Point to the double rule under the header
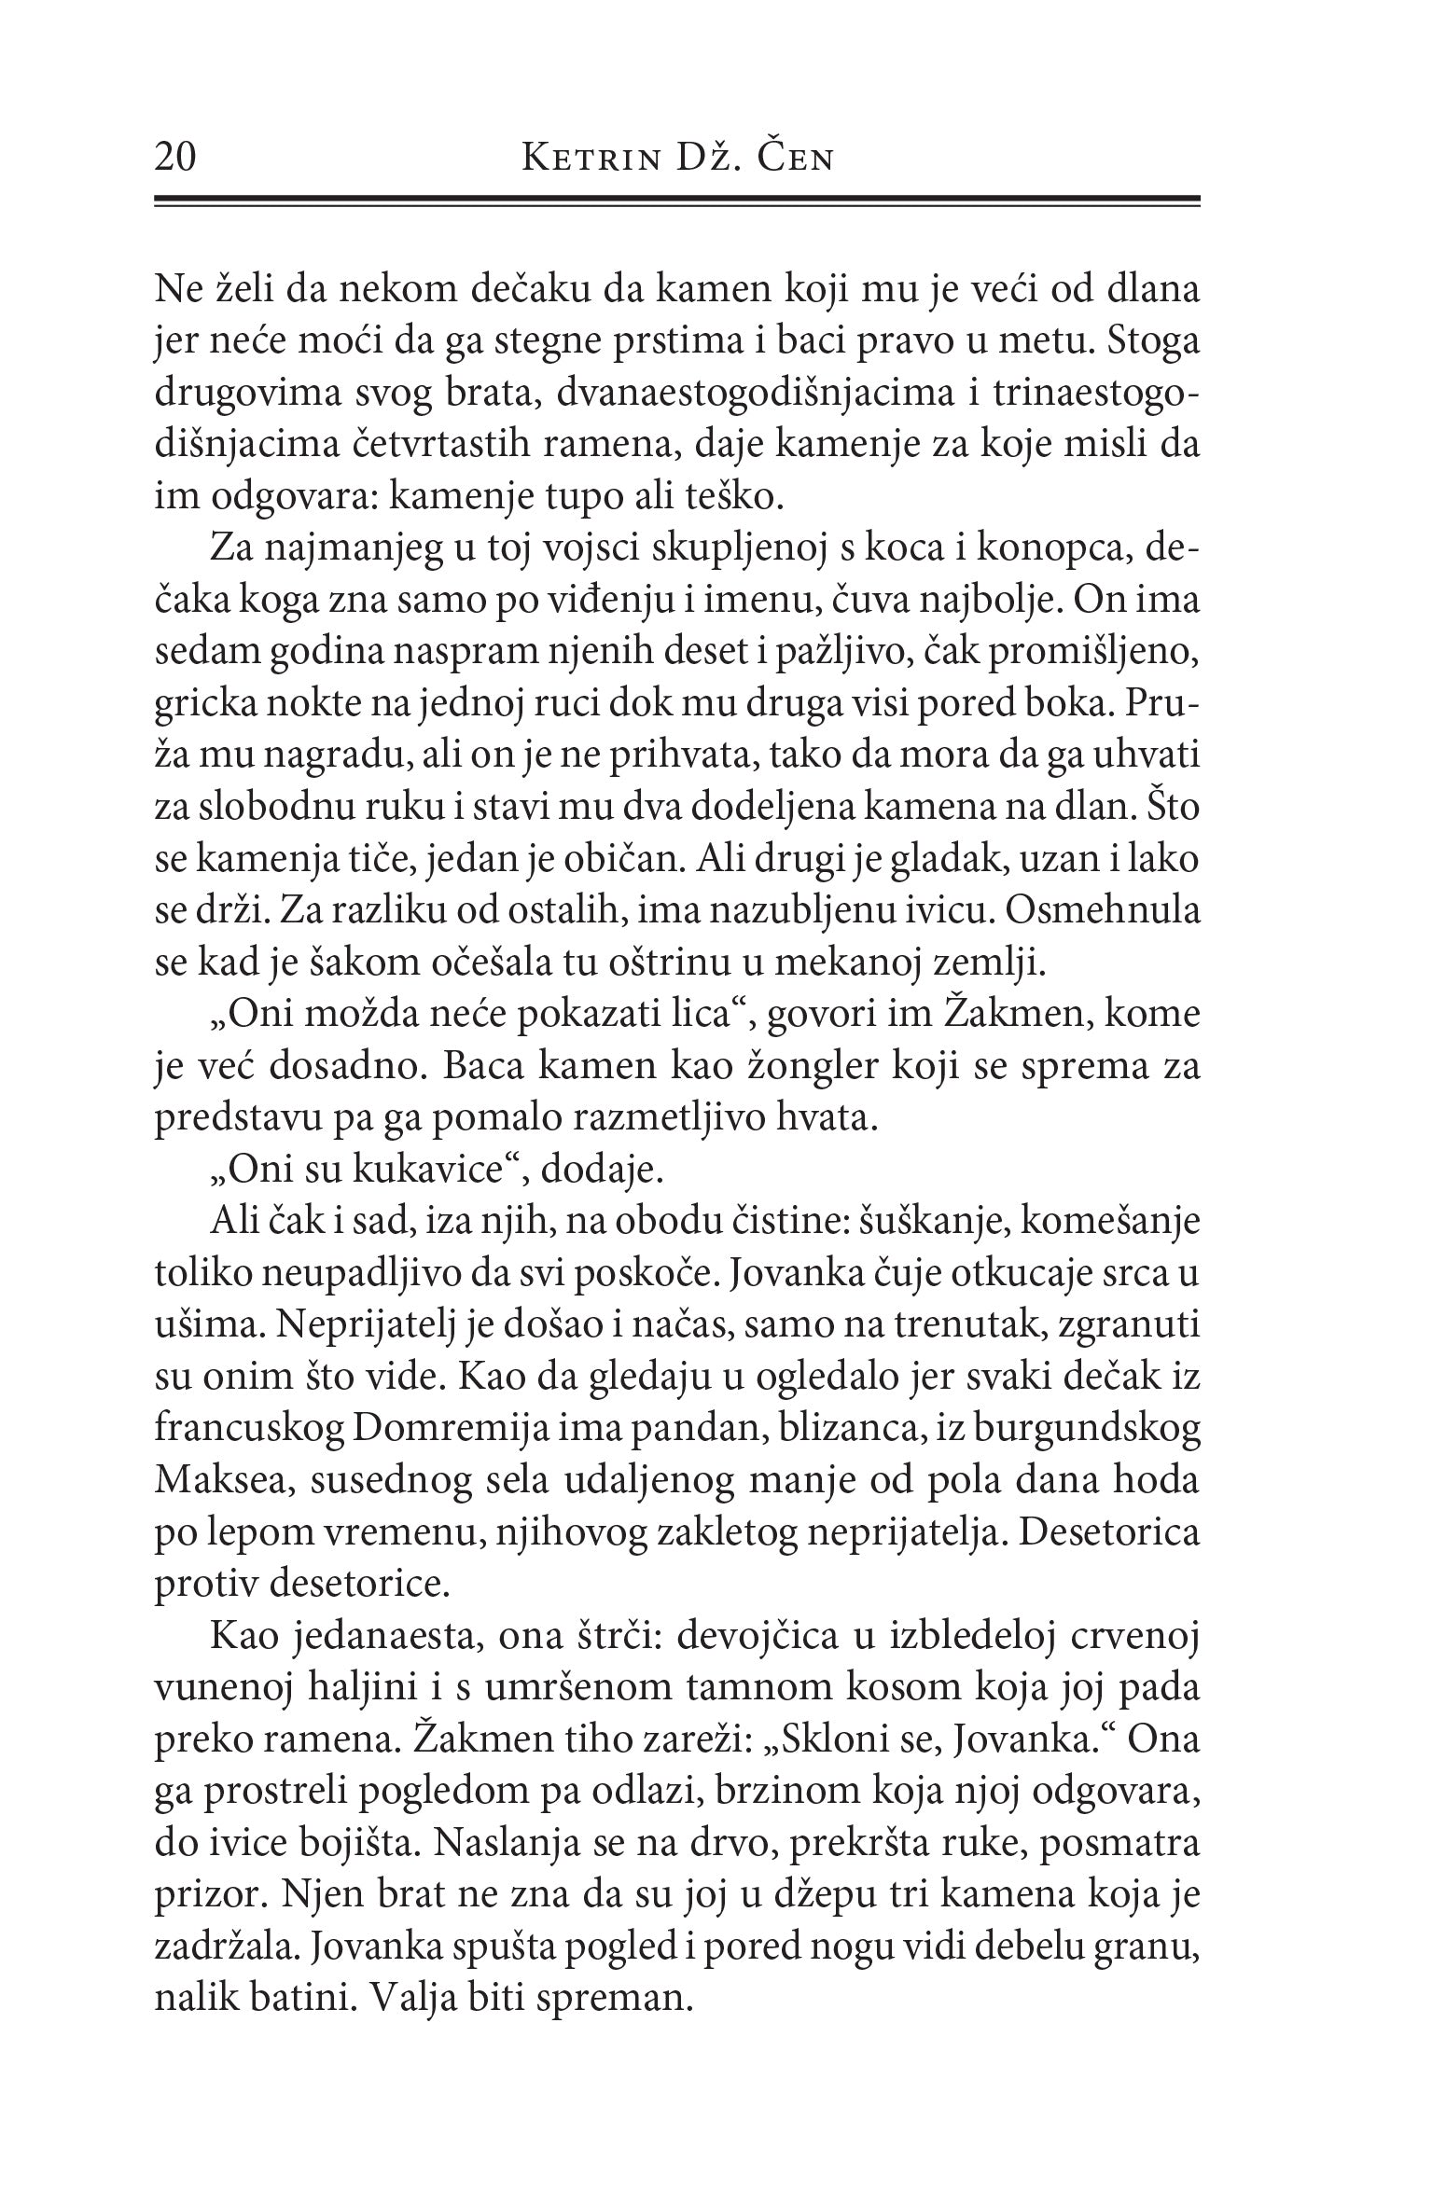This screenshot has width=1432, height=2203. point(676,200)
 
